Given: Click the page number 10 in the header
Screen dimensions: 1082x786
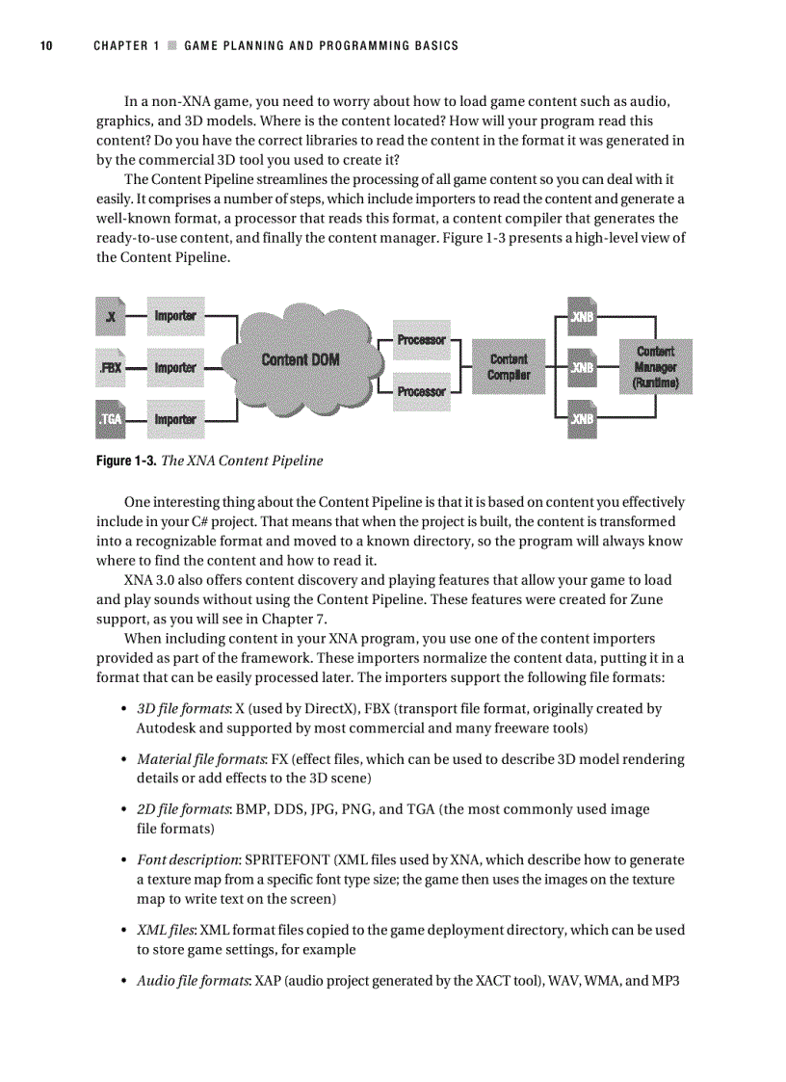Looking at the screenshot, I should point(45,45).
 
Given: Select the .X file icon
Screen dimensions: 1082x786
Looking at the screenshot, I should point(112,316).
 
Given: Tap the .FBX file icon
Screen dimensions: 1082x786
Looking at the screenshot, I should point(111,368).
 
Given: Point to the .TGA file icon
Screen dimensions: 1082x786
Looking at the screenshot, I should point(112,419).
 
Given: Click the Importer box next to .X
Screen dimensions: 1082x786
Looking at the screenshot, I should point(175,316).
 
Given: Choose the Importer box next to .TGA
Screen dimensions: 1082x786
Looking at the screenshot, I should point(175,419).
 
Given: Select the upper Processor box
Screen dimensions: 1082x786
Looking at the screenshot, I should point(421,340).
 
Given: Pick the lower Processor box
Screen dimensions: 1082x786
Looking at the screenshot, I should point(421,391).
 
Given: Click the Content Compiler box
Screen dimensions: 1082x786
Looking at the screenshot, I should point(509,366).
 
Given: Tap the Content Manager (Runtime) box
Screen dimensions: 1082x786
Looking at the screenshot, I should point(655,367).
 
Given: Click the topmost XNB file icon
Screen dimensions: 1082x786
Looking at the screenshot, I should point(582,316).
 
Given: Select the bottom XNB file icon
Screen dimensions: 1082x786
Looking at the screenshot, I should point(582,419).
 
